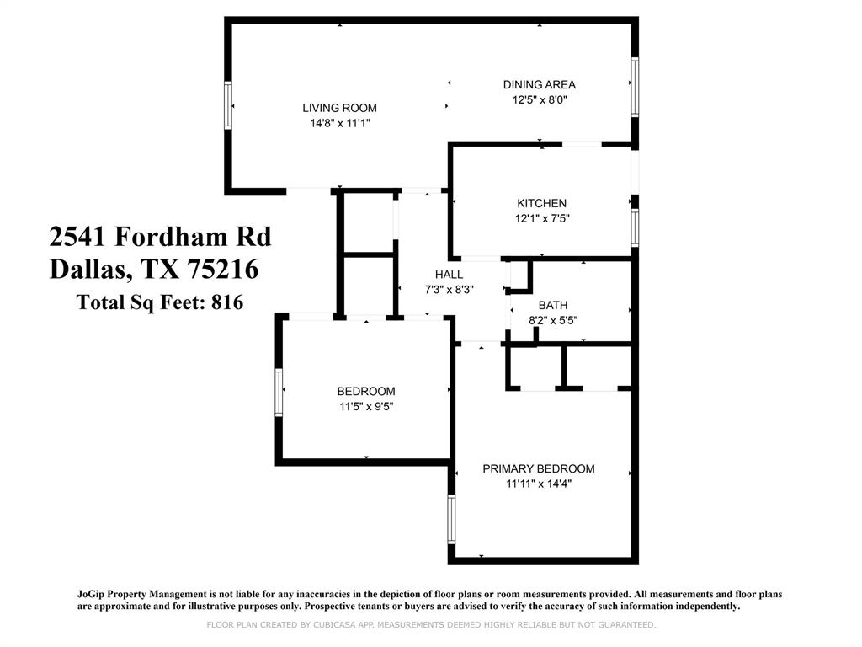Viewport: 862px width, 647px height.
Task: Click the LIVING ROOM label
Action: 339,108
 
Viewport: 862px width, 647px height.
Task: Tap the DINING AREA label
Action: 539,84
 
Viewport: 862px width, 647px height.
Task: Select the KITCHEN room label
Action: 541,203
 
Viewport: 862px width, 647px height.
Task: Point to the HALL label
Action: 449,275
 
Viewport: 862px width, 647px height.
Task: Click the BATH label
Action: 553,305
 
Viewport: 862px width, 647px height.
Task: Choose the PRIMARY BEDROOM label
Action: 538,468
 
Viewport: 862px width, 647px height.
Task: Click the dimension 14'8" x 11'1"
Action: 339,123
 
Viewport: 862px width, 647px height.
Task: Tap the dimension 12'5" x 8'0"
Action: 539,99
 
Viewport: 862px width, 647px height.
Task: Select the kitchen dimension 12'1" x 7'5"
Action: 541,218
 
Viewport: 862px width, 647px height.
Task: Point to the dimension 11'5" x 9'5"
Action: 366,406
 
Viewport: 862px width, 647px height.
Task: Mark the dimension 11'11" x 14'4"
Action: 538,484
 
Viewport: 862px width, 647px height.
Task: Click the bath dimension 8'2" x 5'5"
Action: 553,320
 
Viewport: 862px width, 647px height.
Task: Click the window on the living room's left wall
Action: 227,105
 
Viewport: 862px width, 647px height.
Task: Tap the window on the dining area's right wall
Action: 635,86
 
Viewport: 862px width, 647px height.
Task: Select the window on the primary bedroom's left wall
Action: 451,518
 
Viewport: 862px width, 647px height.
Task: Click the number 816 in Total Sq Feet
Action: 226,302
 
